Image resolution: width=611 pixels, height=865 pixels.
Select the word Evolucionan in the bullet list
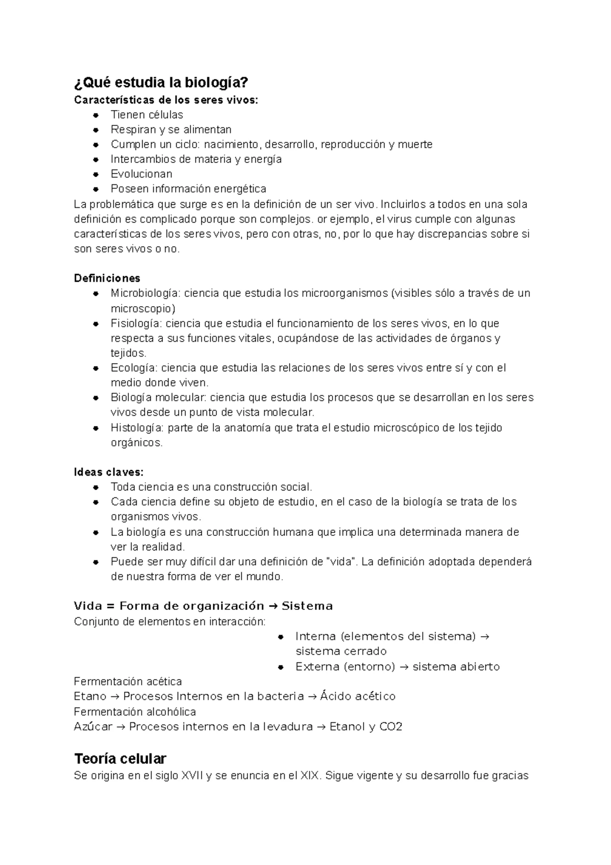point(142,174)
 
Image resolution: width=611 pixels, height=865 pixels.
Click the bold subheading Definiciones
point(107,278)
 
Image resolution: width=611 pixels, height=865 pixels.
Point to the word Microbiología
point(145,293)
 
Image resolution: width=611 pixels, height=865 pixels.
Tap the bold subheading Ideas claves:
point(108,472)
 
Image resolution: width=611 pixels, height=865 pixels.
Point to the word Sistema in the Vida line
point(307,606)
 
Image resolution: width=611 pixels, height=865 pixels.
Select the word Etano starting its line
point(90,696)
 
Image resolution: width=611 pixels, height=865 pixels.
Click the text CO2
point(391,726)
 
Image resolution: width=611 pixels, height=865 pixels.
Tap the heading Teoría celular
point(120,759)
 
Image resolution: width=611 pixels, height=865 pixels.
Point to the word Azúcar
point(93,726)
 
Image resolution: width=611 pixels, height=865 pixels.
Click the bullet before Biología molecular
point(95,398)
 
